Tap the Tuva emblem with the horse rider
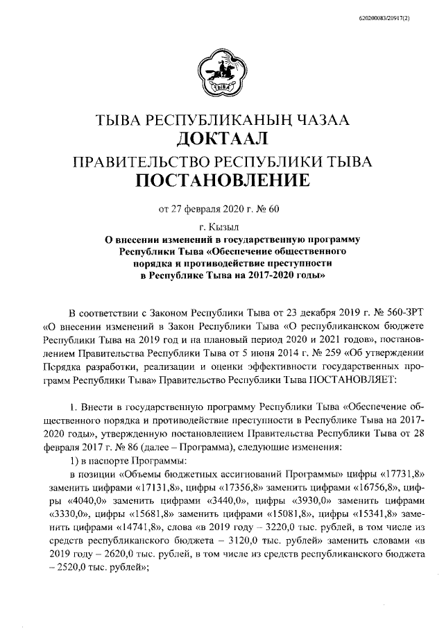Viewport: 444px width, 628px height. tap(222, 74)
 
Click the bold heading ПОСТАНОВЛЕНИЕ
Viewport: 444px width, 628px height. tap(222, 182)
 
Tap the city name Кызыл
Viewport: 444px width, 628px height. tap(228, 226)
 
